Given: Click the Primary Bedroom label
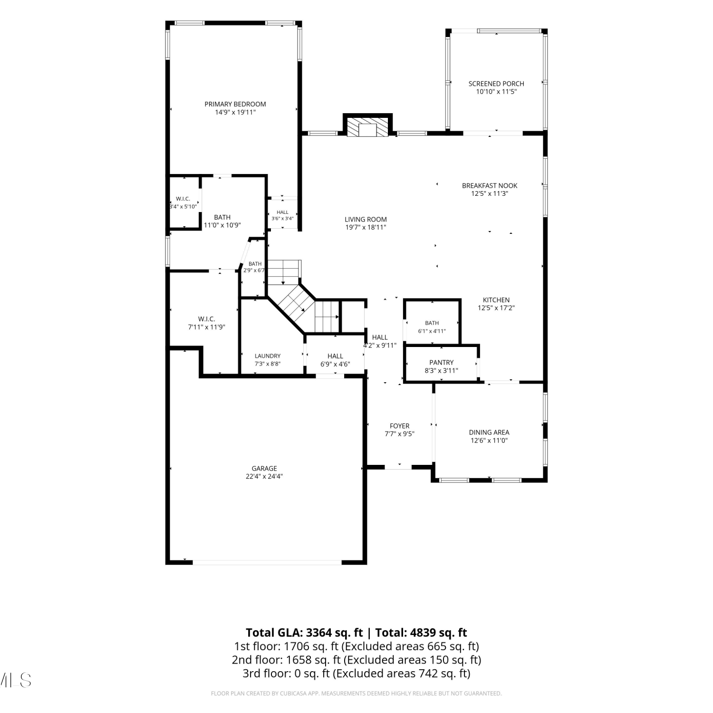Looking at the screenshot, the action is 235,104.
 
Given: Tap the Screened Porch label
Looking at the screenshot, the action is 496,84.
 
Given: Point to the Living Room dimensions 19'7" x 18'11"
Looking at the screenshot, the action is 366,227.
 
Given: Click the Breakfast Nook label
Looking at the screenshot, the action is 490,186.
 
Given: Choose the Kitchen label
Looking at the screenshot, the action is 496,300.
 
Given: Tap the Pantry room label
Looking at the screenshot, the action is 442,362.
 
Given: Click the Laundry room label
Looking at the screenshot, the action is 268,356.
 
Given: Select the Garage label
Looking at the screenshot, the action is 264,468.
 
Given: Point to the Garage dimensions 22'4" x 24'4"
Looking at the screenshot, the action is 264,476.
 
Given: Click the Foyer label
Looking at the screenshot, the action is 399,426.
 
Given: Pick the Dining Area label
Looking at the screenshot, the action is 489,432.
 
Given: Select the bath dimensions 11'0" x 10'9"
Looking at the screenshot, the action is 222,225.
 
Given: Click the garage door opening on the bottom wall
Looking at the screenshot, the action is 267,562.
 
